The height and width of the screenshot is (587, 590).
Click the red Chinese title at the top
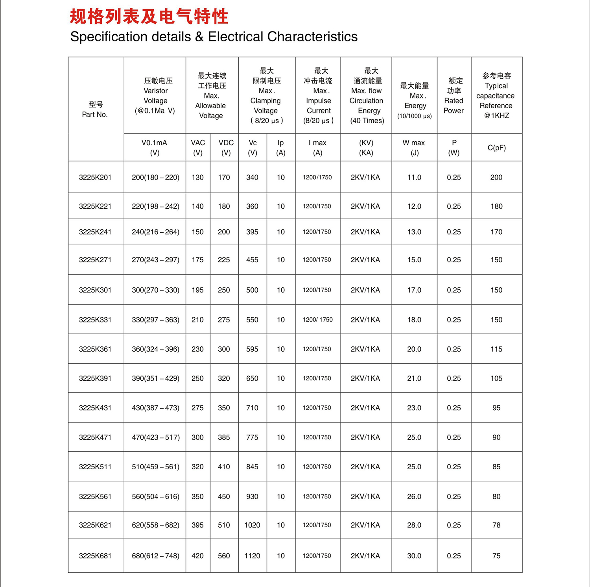pyautogui.click(x=149, y=17)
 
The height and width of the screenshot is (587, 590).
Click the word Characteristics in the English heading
pyautogui.click(x=312, y=37)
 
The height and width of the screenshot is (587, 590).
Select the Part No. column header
pyautogui.click(x=95, y=109)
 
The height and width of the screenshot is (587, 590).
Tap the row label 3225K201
pyautogui.click(x=95, y=178)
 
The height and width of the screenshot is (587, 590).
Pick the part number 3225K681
pyautogui.click(x=95, y=556)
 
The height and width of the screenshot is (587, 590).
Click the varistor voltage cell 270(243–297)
pyautogui.click(x=155, y=260)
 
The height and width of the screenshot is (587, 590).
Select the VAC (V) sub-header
pyautogui.click(x=198, y=148)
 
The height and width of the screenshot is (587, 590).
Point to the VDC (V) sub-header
pyautogui.click(x=226, y=148)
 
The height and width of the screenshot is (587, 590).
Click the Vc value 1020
pyautogui.click(x=252, y=525)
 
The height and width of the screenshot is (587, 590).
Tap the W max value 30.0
pyautogui.click(x=414, y=556)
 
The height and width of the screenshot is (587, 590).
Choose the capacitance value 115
pyautogui.click(x=496, y=349)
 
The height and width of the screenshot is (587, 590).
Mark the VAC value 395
pyautogui.click(x=197, y=525)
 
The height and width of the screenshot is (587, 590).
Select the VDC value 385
pyautogui.click(x=224, y=437)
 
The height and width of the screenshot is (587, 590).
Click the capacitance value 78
pyautogui.click(x=496, y=525)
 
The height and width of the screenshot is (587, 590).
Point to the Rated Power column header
pyautogui.click(x=454, y=96)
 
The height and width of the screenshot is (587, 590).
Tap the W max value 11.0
pyautogui.click(x=414, y=178)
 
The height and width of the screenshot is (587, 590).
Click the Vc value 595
pyautogui.click(x=252, y=349)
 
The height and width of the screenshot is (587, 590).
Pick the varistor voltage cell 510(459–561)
pyautogui.click(x=155, y=467)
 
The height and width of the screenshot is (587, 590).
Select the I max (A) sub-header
pyautogui.click(x=317, y=148)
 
